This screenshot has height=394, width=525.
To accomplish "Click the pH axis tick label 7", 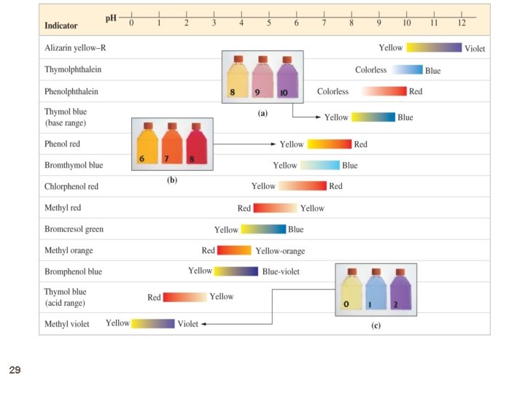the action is point(324,23).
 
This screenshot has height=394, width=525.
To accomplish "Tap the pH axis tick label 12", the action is point(462,23).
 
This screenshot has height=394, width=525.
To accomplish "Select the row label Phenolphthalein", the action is point(71,91).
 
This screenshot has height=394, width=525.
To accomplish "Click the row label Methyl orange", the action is point(69,250).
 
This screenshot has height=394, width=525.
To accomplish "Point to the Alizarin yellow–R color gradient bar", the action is point(434,47).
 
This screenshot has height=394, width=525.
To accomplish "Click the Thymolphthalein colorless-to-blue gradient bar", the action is point(407,70).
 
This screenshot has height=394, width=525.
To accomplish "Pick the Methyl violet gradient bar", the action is point(153,324).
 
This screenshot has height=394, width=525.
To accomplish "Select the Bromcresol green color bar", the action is point(263,229).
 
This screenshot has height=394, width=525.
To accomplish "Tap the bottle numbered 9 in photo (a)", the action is point(262,77).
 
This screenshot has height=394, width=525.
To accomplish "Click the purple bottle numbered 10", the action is point(287,78).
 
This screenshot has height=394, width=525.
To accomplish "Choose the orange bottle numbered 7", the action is point(172,144).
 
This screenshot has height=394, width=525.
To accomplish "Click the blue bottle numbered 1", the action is point(376,289).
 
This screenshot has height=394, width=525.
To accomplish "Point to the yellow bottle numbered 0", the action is point(351,289).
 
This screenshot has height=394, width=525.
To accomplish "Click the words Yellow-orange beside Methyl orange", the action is point(280,251).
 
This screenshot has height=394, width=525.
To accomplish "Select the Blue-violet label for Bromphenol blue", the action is point(281,271).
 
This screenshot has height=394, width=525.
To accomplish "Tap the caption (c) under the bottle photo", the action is point(376,325).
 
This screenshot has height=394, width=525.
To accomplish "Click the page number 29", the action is point(15,370).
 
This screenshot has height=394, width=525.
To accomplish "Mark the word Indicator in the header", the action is point(61,26).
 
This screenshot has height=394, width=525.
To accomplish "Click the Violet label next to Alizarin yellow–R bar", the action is point(475,49).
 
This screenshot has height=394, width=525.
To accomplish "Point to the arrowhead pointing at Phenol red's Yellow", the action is point(273,144).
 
